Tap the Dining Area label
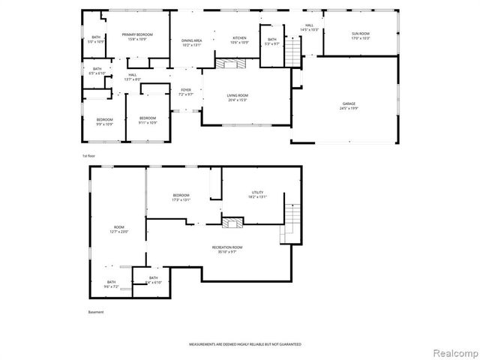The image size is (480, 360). [x=192, y=43]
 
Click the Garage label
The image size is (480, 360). [x=349, y=106]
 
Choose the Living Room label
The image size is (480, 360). [x=238, y=97]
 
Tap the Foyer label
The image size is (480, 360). [x=186, y=92]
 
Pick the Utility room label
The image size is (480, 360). [x=257, y=194]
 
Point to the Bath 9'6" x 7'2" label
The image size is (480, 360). [x=111, y=284]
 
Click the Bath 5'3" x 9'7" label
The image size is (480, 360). [x=271, y=42]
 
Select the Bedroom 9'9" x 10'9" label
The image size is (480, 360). [x=104, y=121]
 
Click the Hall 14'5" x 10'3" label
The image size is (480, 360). [x=309, y=28]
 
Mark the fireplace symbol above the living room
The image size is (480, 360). [x=230, y=64]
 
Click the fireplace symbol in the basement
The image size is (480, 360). [x=232, y=222]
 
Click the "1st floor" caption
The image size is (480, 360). [x=90, y=155]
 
